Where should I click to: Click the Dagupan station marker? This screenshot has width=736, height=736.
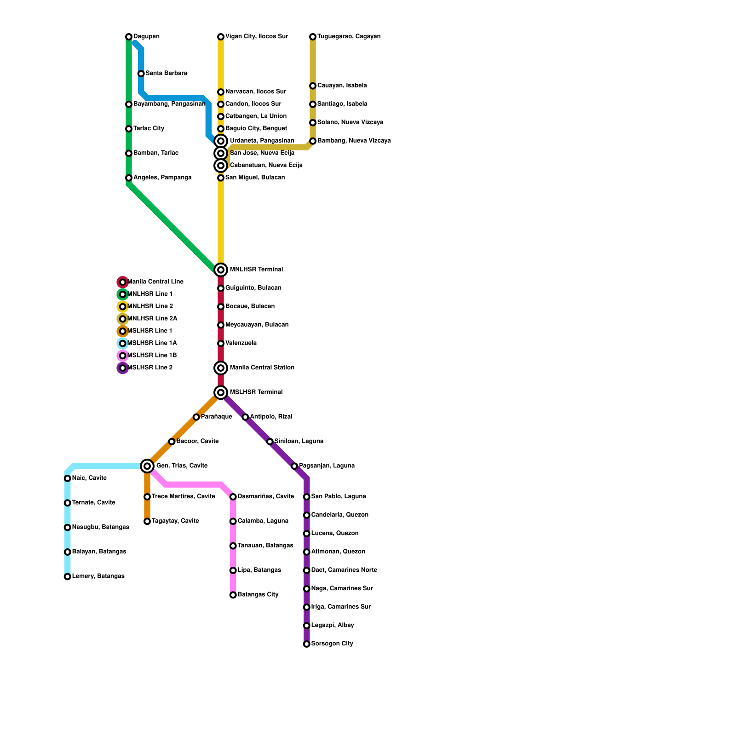tap(129, 37)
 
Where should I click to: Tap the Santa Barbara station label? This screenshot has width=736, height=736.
tap(166, 74)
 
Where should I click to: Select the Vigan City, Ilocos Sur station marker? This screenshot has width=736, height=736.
tap(221, 37)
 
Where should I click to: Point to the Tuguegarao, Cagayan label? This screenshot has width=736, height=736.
tap(349, 37)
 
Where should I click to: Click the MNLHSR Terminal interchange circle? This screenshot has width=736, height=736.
tap(221, 270)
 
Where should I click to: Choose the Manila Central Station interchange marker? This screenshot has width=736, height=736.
tap(221, 368)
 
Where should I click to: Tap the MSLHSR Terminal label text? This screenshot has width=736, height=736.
tap(256, 392)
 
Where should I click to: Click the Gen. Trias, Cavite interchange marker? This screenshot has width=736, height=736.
tap(147, 466)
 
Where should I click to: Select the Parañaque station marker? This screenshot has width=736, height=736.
tap(196, 417)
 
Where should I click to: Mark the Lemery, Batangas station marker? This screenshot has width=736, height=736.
tap(68, 576)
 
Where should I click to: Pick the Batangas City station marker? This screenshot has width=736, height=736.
tap(233, 595)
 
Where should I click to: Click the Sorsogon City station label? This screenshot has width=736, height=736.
tap(332, 644)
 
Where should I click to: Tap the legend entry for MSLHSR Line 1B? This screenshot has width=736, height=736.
tap(151, 356)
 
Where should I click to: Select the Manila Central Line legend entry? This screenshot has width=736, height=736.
tap(155, 282)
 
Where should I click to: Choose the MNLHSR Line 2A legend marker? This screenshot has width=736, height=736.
tap(122, 319)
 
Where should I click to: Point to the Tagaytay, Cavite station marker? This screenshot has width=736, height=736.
tap(147, 521)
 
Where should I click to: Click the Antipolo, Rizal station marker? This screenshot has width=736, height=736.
tap(246, 417)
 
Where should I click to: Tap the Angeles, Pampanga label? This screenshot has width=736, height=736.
tap(162, 178)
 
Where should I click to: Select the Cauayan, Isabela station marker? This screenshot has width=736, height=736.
tap(313, 86)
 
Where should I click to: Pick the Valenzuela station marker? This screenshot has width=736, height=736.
tap(221, 344)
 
